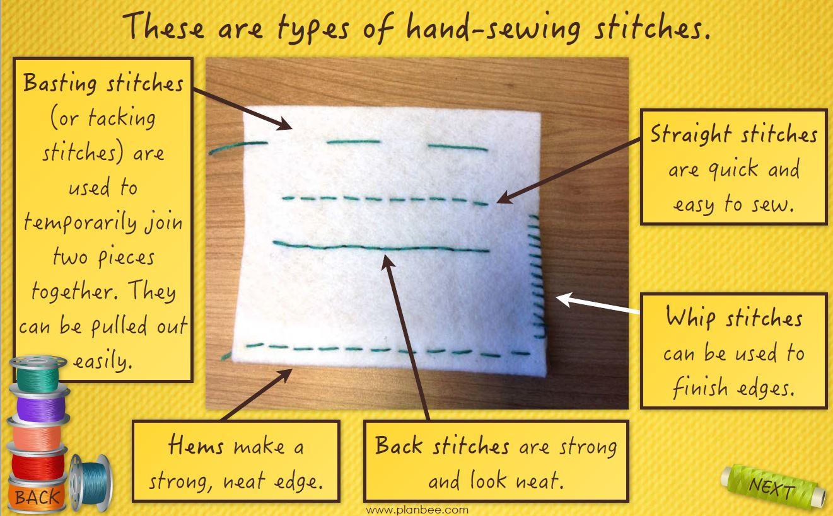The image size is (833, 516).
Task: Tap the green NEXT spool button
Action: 772,486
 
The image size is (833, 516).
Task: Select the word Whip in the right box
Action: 690,318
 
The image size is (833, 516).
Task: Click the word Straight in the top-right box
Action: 691,135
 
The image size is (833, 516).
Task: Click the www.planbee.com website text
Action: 417,510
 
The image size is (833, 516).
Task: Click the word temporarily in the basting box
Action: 80,223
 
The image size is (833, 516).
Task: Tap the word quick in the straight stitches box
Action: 733,169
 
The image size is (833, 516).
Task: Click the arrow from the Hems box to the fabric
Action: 256,394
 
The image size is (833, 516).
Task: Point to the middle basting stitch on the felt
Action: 354,142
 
